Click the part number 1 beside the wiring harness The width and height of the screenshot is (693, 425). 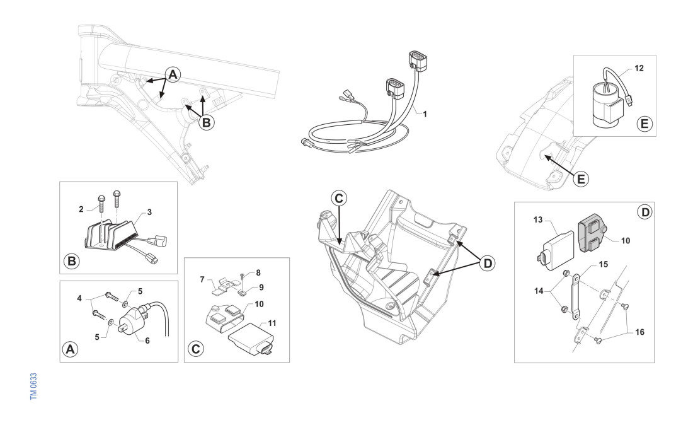click(x=425, y=114)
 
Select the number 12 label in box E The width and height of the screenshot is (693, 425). click(x=639, y=68)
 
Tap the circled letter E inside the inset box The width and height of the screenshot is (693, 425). click(x=644, y=124)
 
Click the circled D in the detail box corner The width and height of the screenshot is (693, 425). click(x=645, y=212)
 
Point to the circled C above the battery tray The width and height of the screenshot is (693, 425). click(x=339, y=199)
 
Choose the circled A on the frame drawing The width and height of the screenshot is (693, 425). click(x=173, y=74)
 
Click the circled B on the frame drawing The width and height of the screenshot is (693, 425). click(x=206, y=122)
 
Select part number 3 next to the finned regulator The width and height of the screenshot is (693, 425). click(x=149, y=212)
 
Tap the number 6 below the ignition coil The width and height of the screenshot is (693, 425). click(x=147, y=341)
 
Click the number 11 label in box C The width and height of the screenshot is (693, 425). click(x=272, y=323)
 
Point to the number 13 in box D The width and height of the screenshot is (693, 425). click(x=538, y=220)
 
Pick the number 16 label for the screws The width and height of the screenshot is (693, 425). click(x=639, y=332)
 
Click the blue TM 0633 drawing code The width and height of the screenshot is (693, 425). click(x=33, y=387)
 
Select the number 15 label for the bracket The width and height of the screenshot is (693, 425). click(x=604, y=264)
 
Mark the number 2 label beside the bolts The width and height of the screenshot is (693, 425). click(x=81, y=209)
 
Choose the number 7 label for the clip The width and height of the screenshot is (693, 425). click(x=202, y=279)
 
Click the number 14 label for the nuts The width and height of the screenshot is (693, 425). click(x=539, y=291)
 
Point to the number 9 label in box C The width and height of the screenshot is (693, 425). click(x=261, y=288)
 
